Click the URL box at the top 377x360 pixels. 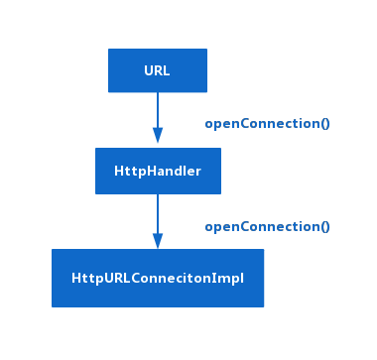coord(157,70)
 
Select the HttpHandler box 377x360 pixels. coord(157,172)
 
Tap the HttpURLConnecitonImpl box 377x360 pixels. coord(157,278)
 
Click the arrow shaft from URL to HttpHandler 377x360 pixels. coord(157,109)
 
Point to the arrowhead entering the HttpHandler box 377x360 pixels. coord(157,136)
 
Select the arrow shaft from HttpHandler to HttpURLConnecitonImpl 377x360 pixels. coord(157,212)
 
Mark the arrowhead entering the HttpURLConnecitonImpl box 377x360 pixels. coord(157,240)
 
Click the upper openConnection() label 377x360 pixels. coord(267,124)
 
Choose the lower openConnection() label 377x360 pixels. coord(267,227)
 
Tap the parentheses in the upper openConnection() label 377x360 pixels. coord(324,124)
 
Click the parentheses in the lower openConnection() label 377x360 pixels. coord(324,227)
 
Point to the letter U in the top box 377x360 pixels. coord(148,70)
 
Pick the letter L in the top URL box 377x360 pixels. coord(166,70)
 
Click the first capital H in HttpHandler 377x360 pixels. coord(119,172)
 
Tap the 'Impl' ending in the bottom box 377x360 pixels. coord(229,279)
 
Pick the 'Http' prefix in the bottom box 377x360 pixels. coord(84,279)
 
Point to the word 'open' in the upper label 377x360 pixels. coord(220,124)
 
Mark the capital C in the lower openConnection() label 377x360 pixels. coord(242,227)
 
